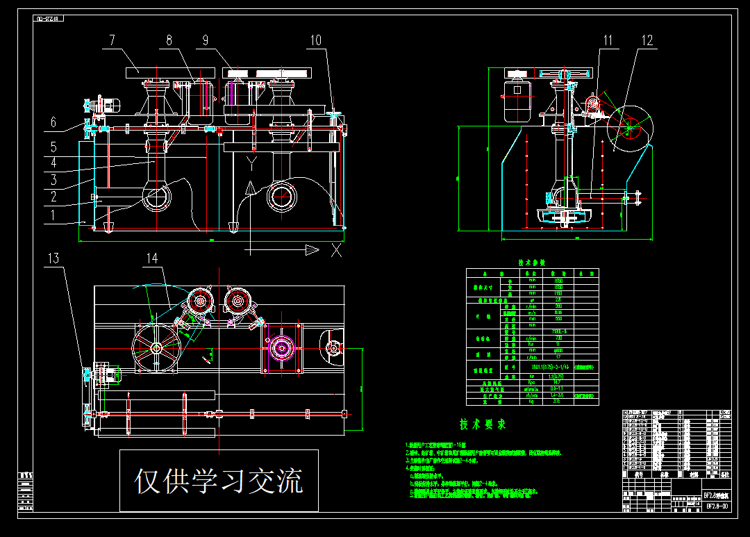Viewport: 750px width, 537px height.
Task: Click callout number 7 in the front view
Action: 112,40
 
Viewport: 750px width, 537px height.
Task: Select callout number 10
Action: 316,40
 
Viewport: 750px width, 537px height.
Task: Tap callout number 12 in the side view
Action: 647,41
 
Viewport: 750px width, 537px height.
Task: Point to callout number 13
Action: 53,259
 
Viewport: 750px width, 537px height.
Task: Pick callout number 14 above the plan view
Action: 151,259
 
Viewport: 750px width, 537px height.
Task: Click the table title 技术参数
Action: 533,263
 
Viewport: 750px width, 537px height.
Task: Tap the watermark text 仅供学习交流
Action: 219,481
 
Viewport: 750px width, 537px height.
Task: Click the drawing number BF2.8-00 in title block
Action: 716,506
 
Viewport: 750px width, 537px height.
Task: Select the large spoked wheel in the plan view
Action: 156,349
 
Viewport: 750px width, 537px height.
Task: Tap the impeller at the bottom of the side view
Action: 563,218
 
